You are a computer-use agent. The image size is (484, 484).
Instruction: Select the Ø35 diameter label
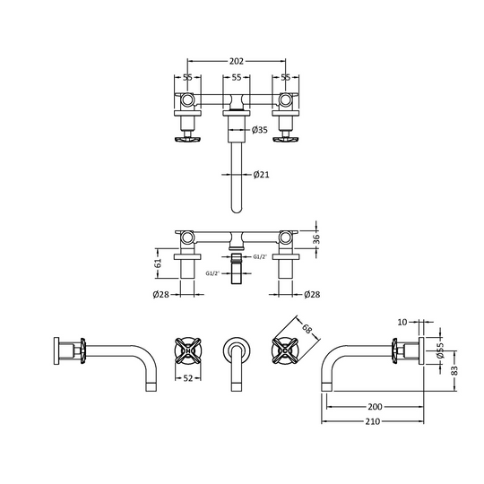[260, 131]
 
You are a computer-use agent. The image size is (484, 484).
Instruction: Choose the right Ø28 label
[312, 295]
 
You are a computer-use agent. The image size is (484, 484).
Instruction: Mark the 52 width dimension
[190, 379]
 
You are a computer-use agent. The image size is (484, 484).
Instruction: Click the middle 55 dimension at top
[237, 78]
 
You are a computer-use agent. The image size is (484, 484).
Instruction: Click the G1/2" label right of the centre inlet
[259, 257]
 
